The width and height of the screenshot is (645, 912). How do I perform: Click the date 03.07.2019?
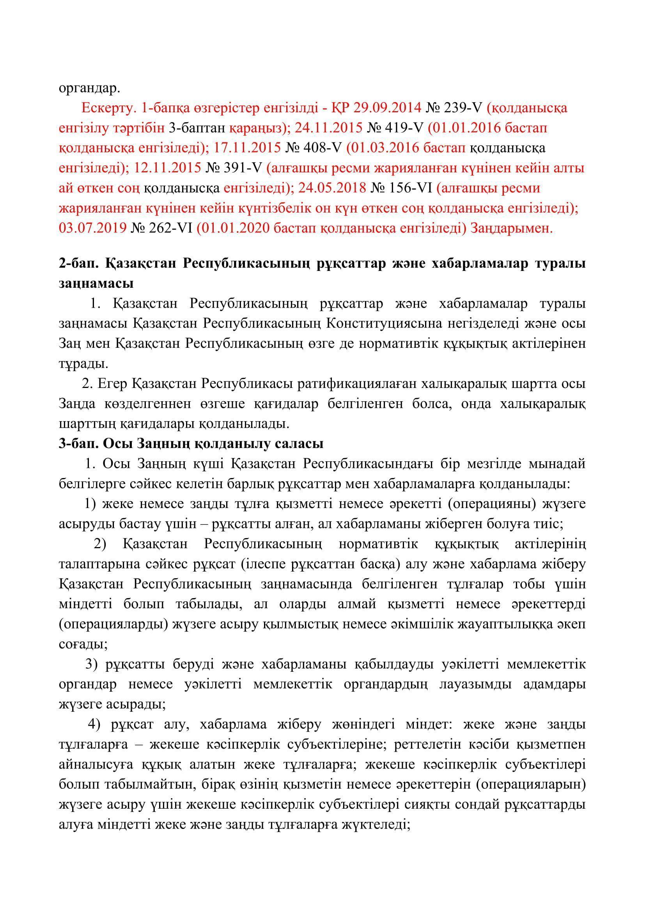click(92, 228)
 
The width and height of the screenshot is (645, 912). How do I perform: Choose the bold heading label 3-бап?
click(77, 444)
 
